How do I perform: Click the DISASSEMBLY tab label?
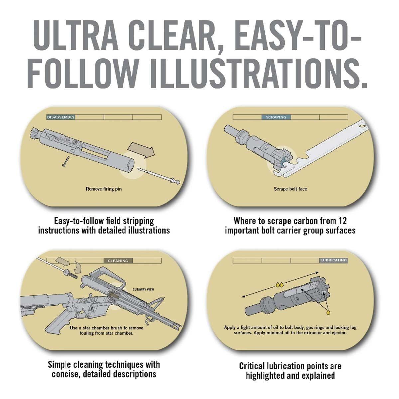coord(61,117)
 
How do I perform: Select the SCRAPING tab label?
coord(276,117)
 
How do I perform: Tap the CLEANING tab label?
coord(118,261)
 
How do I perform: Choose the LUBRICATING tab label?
coord(333,260)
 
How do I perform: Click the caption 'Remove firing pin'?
coord(104,189)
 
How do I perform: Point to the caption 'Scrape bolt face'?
coord(290,189)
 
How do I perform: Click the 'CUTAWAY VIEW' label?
coord(143,289)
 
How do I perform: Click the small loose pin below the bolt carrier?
coord(66,161)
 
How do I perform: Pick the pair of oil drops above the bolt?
coord(279,285)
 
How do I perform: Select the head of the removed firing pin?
coord(176,182)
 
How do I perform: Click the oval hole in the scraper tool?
coord(362,125)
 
